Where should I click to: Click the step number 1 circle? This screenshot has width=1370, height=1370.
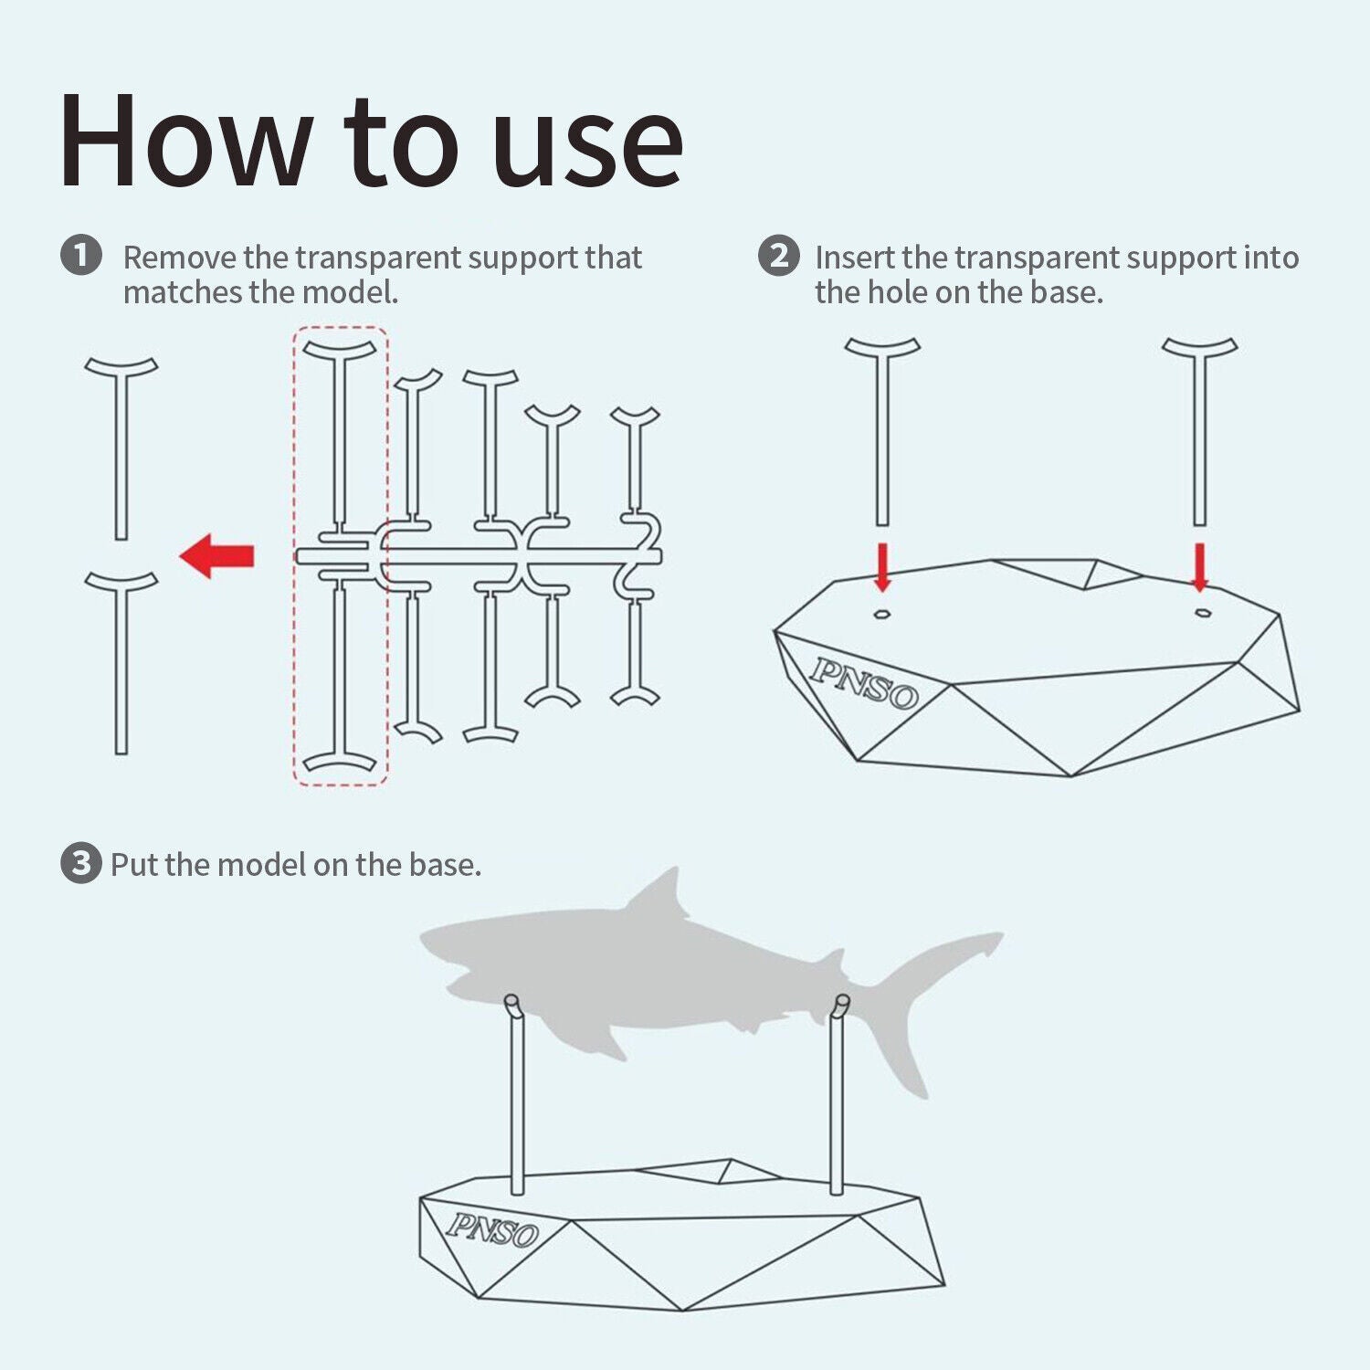81,255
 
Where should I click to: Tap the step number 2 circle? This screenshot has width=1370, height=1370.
778,255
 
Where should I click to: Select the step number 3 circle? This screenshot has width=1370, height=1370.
80,863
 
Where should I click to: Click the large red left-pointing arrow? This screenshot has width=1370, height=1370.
216,555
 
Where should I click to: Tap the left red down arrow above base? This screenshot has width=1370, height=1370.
882,567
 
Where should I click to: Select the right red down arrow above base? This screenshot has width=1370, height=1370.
1200,567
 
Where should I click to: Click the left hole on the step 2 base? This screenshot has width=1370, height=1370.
881,614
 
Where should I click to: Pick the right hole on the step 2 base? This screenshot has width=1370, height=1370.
1203,613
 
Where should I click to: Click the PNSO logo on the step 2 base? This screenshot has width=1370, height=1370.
863,683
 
